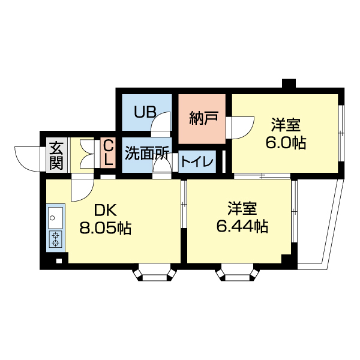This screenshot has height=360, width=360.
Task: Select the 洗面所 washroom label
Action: click(147, 153)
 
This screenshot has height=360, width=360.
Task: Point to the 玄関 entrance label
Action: click(56, 154)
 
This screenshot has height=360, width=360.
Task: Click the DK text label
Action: click(104, 211)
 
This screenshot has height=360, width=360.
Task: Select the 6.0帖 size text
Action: click(286, 143)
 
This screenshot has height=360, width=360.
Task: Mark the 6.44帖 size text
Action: click(242, 227)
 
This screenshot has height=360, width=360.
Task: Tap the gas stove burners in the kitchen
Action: click(55, 239)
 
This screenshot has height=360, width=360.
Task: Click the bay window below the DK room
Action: click(155, 274)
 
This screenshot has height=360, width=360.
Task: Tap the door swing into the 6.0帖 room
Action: click(242, 127)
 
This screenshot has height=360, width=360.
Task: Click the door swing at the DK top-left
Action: click(80, 190)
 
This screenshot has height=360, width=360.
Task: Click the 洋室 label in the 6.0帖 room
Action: click(286, 125)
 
